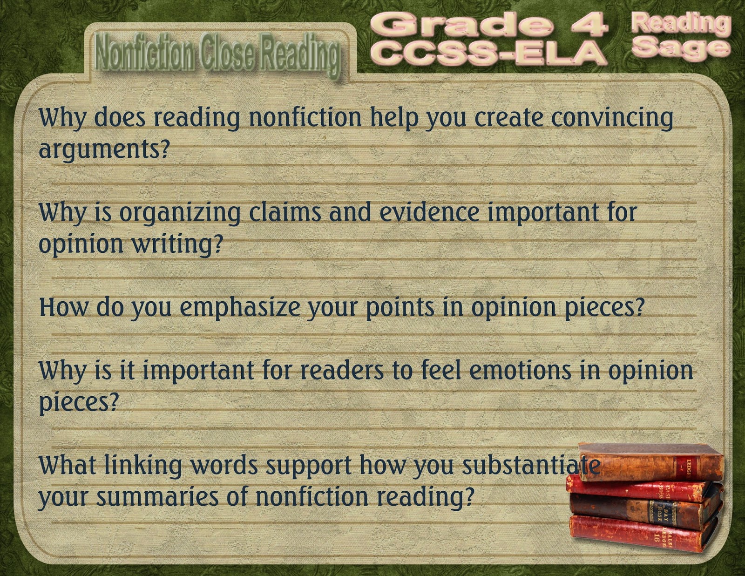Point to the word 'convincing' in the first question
click(x=612, y=119)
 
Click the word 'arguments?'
click(x=105, y=150)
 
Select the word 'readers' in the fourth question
click(x=342, y=371)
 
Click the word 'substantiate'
click(x=531, y=466)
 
